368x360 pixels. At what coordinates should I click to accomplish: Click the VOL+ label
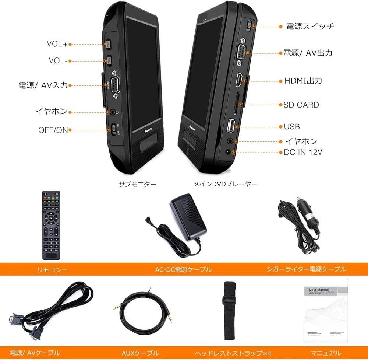pyautogui.click(x=57, y=44)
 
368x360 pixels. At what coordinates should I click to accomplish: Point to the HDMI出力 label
pyautogui.click(x=303, y=81)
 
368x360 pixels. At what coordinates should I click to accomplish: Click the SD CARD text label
pyautogui.click(x=301, y=105)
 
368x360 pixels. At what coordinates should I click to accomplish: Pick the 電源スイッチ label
pyautogui.click(x=310, y=26)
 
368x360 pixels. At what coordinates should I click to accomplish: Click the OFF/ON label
pyautogui.click(x=53, y=130)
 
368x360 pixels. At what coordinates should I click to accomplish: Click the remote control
pyautogui.click(x=51, y=225)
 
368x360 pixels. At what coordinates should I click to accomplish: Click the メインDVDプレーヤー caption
pyautogui.click(x=225, y=184)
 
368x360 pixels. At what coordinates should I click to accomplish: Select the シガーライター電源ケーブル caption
pyautogui.click(x=306, y=269)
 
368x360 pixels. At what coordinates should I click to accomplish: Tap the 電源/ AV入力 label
pyautogui.click(x=43, y=85)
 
